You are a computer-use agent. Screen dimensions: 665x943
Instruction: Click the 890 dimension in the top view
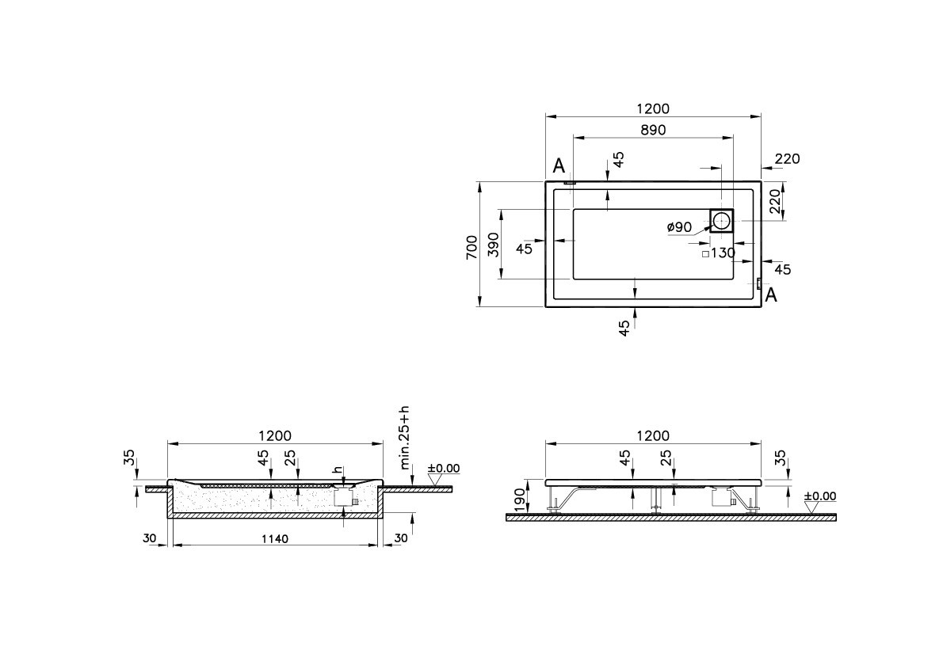[652, 129]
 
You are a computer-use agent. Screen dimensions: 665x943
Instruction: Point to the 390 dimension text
[492, 245]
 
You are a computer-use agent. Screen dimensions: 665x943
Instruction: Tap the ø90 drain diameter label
[679, 227]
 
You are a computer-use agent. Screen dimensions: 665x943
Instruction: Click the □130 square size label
[718, 253]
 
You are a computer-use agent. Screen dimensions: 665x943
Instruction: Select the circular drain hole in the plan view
[721, 220]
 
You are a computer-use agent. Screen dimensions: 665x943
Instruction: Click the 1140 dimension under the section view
[274, 538]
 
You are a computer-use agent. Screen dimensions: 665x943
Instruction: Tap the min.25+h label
[405, 439]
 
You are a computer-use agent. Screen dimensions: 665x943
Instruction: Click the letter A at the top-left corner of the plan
[559, 166]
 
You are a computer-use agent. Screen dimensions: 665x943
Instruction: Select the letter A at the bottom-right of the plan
[770, 296]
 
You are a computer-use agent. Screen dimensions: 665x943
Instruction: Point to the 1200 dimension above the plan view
[652, 108]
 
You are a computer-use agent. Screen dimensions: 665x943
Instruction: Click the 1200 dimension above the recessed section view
[274, 435]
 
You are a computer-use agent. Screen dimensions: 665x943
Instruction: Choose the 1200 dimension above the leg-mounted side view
[652, 435]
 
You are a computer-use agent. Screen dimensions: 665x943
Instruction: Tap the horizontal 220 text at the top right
[787, 159]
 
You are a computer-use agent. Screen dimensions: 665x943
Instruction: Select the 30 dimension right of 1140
[401, 538]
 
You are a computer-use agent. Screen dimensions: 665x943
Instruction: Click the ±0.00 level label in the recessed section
[444, 469]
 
